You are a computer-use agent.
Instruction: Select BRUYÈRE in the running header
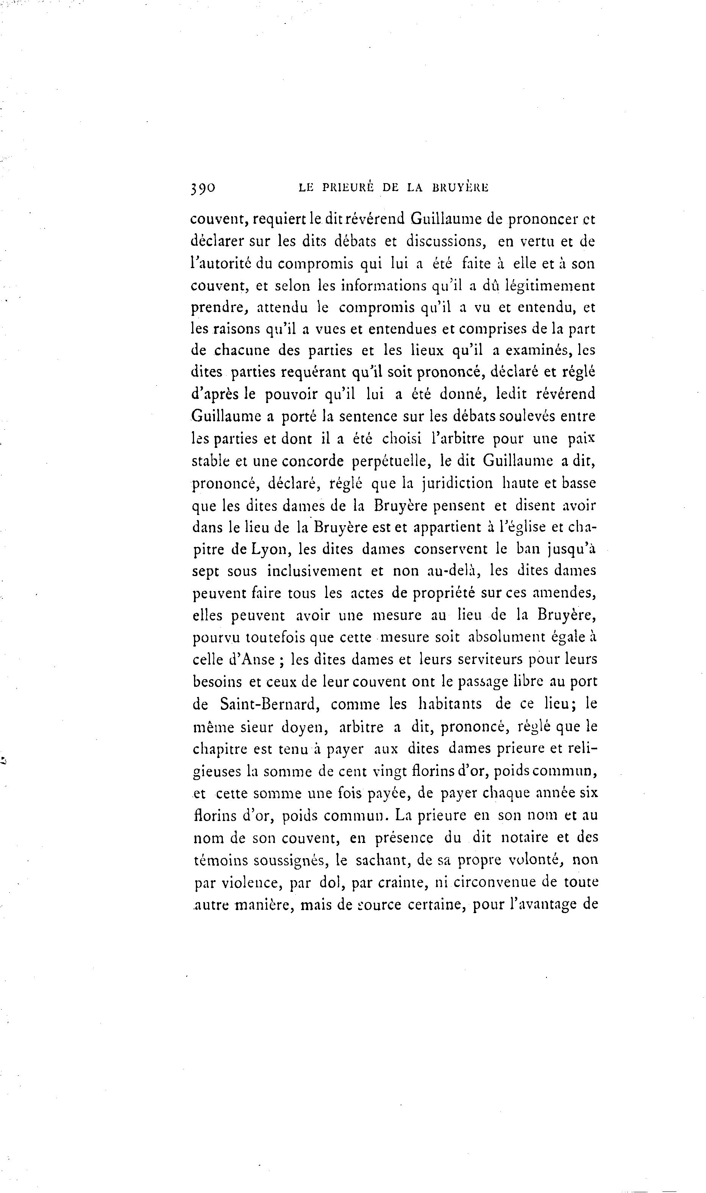point(460,188)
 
